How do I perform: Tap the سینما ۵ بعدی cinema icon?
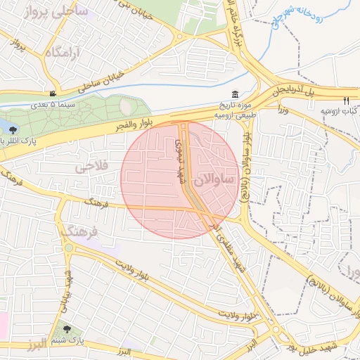53,94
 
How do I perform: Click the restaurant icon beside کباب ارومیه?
347,100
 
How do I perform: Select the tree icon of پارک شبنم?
67,329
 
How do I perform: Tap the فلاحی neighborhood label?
91,166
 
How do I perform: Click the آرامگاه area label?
63,52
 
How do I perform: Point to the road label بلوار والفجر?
127,126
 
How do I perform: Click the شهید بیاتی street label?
69,288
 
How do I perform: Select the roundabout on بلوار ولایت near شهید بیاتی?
68,247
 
